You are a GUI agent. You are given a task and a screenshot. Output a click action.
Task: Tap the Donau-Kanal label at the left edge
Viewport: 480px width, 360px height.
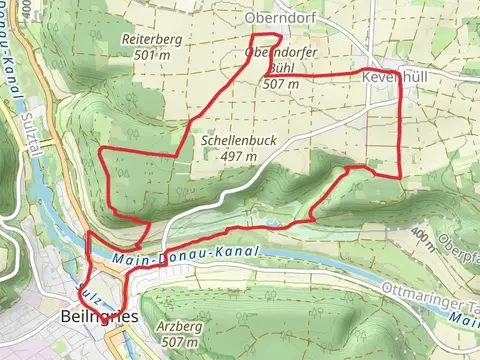(11, 80)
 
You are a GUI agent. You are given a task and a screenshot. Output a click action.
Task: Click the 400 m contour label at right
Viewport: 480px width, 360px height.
(424, 237)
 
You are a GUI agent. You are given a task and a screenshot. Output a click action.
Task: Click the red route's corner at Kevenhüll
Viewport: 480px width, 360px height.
(401, 75)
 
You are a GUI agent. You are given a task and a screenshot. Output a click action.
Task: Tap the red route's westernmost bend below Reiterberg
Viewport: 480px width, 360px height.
(101, 152)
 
